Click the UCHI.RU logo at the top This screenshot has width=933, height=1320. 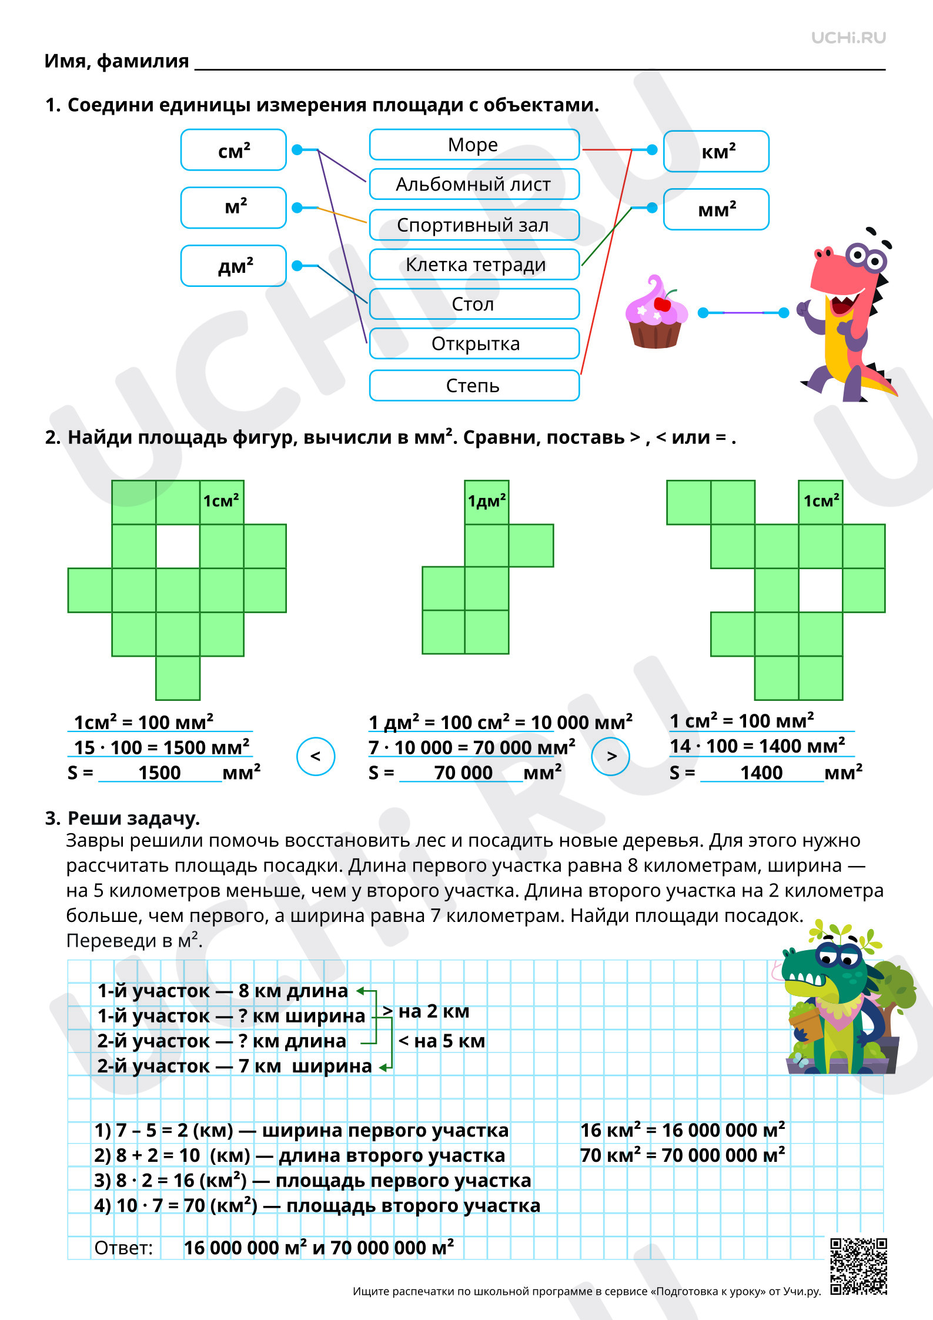(848, 38)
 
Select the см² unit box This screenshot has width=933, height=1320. (233, 150)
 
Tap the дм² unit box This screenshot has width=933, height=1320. (233, 266)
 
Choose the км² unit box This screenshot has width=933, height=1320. (716, 151)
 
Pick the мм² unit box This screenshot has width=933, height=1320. (716, 209)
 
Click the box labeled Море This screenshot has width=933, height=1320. (474, 145)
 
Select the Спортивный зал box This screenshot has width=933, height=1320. (474, 225)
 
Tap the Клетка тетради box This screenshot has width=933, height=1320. (474, 265)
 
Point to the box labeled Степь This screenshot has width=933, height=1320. (474, 386)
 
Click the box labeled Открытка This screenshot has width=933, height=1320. (474, 343)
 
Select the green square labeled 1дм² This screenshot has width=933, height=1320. (486, 502)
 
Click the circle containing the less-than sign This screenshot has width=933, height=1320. (316, 756)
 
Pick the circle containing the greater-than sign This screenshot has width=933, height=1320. (611, 756)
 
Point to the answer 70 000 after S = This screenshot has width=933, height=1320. (463, 773)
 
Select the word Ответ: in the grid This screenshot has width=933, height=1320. (123, 1248)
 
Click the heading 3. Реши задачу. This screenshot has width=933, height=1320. (122, 818)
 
